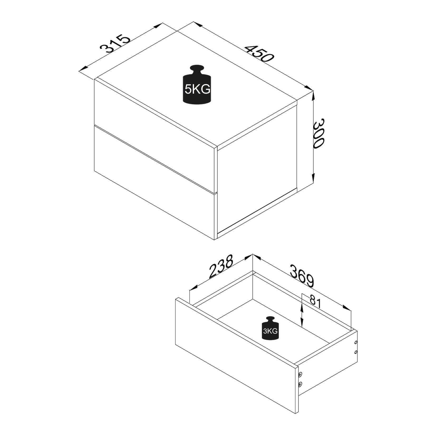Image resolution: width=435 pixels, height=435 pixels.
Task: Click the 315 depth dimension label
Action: pyautogui.click(x=115, y=43)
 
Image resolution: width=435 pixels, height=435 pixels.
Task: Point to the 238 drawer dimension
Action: pyautogui.click(x=221, y=266)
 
